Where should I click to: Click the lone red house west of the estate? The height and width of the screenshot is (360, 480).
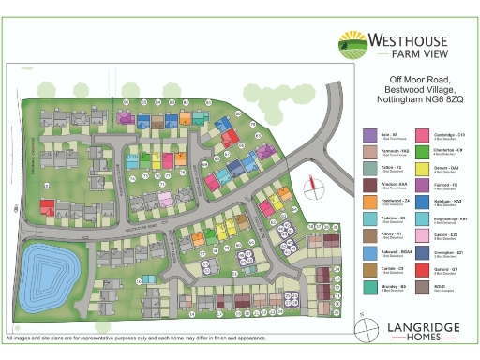point(46,206)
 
